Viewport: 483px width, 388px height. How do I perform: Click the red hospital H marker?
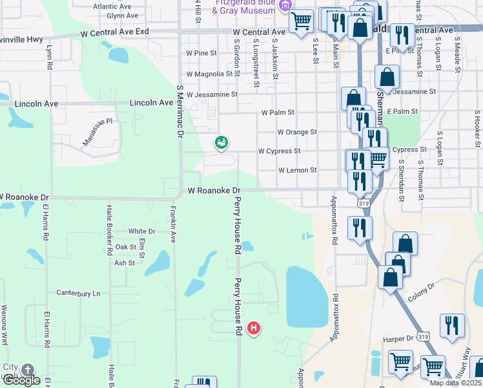click(x=254, y=329)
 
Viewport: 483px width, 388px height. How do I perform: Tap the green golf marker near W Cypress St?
click(x=221, y=142)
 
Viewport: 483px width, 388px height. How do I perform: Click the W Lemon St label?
click(x=298, y=171)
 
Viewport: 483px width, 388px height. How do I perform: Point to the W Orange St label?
click(x=297, y=132)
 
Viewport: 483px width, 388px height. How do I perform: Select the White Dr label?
click(x=142, y=231)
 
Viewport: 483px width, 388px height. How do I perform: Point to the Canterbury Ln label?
click(x=79, y=293)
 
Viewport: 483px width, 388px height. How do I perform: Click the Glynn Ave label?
click(x=123, y=16)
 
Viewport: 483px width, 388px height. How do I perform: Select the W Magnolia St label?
click(x=209, y=74)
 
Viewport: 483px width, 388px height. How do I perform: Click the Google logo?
click(x=21, y=381)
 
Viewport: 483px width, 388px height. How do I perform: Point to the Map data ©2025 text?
click(x=455, y=383)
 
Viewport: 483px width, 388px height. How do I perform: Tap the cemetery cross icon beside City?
click(x=27, y=370)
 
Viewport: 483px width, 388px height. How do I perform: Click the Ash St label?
click(x=124, y=263)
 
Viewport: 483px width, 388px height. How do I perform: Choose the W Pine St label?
click(x=201, y=53)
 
